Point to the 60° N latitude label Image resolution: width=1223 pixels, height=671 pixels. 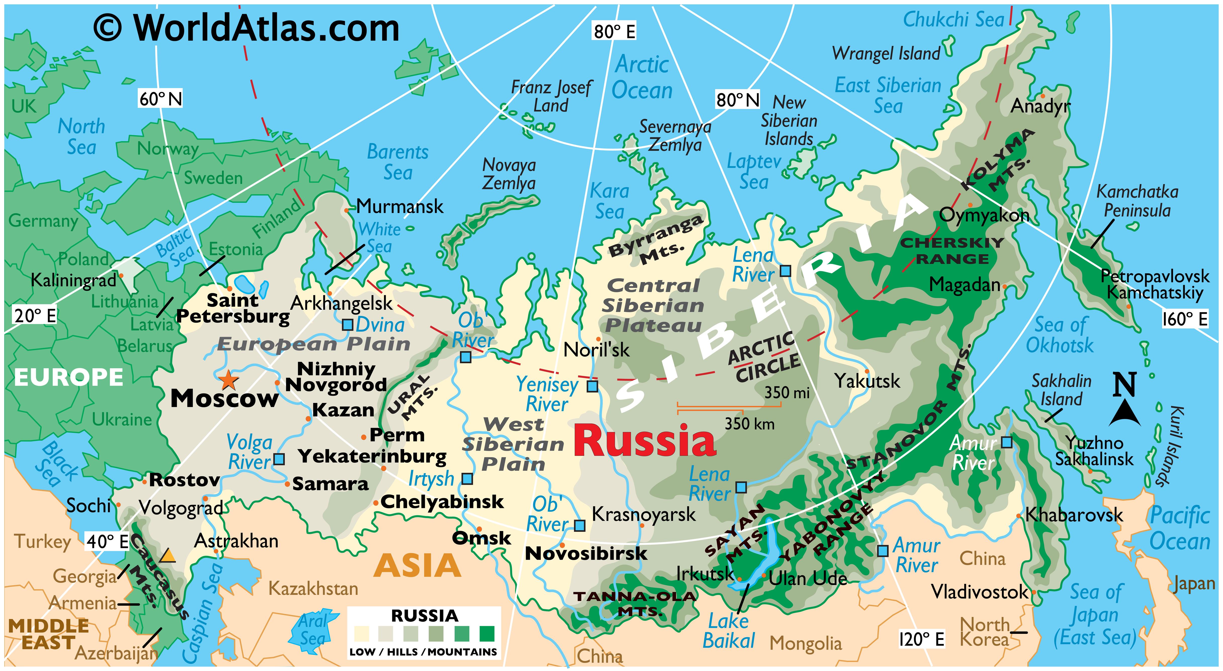point(161,99)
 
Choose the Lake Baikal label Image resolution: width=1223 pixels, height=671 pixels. point(728,631)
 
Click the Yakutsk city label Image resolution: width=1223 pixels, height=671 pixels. point(867,381)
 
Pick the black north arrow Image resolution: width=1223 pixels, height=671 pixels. point(1125,412)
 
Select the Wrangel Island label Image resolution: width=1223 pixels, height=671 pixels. point(886,54)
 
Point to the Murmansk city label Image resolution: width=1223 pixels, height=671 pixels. point(400,207)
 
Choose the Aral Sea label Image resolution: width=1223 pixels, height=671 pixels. point(313,630)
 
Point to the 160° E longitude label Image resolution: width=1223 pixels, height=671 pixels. point(1185,319)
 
